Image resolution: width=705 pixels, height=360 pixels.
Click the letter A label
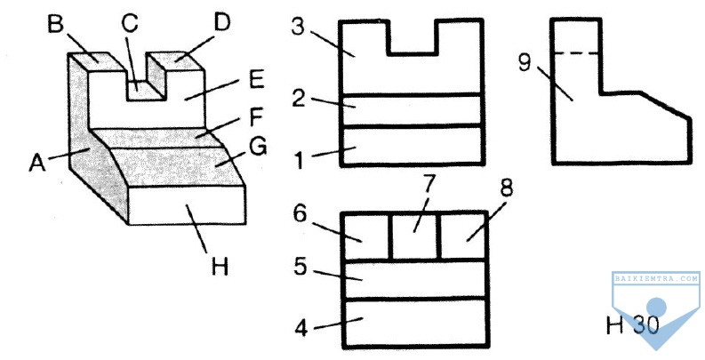tap(36, 163)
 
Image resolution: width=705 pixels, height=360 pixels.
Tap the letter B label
tap(56, 24)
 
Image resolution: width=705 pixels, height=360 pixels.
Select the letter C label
tap(130, 23)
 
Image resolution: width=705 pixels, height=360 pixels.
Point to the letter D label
tap(222, 22)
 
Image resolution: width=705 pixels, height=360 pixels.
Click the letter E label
tap(256, 81)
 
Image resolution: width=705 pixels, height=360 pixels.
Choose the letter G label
tap(258, 147)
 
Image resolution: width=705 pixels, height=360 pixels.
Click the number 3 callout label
tap(298, 27)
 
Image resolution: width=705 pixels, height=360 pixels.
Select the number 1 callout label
tap(300, 161)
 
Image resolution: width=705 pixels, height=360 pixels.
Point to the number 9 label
tap(525, 62)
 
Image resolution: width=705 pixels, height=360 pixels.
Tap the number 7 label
tap(429, 184)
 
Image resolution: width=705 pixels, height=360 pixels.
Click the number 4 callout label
tap(301, 328)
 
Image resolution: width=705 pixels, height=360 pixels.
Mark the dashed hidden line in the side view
tap(578, 53)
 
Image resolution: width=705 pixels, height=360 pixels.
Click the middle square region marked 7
tap(416, 236)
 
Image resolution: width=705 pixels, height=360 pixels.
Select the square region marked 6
tap(366, 236)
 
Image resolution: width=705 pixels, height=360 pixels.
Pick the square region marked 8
tap(463, 236)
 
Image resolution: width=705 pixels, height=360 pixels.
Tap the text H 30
tap(632, 324)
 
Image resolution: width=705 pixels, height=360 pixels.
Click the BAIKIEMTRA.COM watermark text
tap(656, 278)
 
